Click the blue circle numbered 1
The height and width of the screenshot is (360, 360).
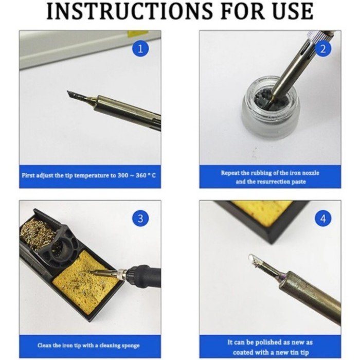[140, 49]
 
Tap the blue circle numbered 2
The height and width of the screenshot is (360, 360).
[323, 49]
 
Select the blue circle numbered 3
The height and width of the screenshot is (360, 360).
[140, 218]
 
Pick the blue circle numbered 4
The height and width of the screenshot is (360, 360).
[323, 218]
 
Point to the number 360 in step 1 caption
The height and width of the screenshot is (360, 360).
[141, 175]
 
